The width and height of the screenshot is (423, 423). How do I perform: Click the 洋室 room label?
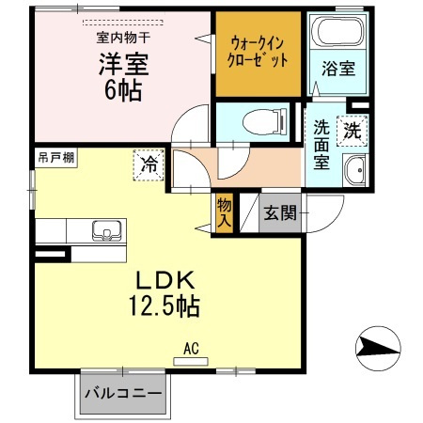(122, 66)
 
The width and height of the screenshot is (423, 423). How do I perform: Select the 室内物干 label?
(122, 37)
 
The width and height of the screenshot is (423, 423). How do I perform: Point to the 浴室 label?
(337, 69)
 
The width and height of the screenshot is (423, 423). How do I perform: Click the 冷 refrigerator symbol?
(149, 164)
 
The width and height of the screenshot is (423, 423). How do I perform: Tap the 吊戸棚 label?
(55, 157)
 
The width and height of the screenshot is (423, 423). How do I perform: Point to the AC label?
(192, 349)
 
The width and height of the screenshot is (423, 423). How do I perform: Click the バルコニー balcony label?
(121, 393)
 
